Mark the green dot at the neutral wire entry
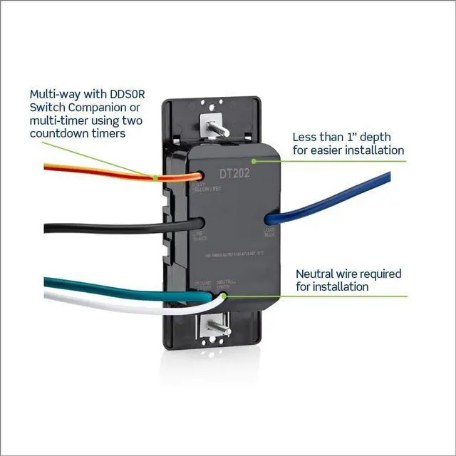(224, 295)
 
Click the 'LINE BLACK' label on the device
(200, 237)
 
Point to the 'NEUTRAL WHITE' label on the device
(227, 284)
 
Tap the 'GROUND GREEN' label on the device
(202, 284)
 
